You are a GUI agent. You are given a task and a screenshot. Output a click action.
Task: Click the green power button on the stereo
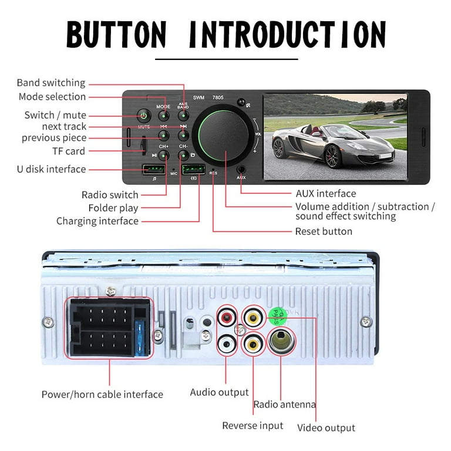pyautogui.click(x=143, y=116)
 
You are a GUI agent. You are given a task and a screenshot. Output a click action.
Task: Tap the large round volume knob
pyautogui.click(x=225, y=134)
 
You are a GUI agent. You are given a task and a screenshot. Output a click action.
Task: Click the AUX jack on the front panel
pyautogui.click(x=241, y=167)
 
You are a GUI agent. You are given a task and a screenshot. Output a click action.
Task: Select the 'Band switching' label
pyautogui.click(x=51, y=83)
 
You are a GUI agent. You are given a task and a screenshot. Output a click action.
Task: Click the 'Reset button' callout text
pyautogui.click(x=324, y=231)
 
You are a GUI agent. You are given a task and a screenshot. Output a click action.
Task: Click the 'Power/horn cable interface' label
pyautogui.click(x=102, y=395)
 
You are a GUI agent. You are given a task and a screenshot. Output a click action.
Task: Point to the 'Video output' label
pyautogui.click(x=326, y=428)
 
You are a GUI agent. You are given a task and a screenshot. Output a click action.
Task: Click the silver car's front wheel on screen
pyautogui.click(x=332, y=156)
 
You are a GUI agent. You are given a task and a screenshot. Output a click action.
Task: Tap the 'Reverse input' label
pyautogui.click(x=253, y=426)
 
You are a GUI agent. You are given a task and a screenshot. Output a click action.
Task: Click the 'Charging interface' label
pyautogui.click(x=97, y=221)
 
